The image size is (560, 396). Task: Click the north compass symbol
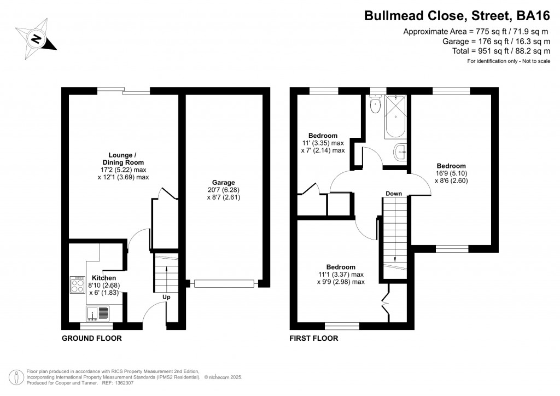(x=36, y=38)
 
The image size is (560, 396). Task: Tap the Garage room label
(x=224, y=183)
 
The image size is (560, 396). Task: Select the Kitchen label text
(x=103, y=278)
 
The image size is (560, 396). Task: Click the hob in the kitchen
(x=76, y=286)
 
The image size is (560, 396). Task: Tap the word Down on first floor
(x=394, y=194)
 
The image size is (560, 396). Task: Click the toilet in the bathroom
(x=375, y=105)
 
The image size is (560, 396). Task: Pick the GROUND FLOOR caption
(x=91, y=339)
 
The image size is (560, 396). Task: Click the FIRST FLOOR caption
(x=314, y=339)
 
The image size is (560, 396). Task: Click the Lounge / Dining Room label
(x=123, y=159)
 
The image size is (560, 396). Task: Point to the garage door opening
(x=224, y=283)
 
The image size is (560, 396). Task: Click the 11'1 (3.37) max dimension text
(x=340, y=275)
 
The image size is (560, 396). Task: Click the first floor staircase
(x=394, y=230)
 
